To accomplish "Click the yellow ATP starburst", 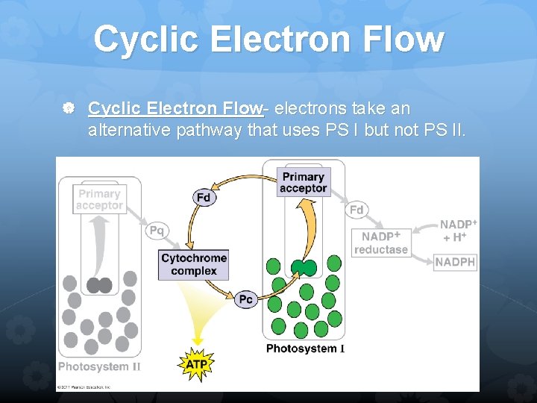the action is tap(197, 364).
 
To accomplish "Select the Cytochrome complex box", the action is tap(193, 264).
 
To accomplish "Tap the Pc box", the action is tap(246, 299).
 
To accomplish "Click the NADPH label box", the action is tap(455, 262).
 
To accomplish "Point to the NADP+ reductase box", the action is tap(381, 243).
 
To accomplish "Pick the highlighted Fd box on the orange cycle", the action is tap(204, 198).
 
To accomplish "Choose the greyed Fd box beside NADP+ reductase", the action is tap(357, 210).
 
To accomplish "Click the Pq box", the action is tap(157, 231).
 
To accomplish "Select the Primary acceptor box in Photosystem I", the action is tap(303, 183).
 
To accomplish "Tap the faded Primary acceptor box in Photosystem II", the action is tap(98, 199).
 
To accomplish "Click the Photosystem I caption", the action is tap(305, 349).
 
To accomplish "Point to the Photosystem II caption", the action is tap(99, 366).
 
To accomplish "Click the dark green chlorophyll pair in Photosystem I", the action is tap(304, 267).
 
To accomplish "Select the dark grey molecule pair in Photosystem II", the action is tap(99, 285).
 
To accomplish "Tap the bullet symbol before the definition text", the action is tap(69, 110).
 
